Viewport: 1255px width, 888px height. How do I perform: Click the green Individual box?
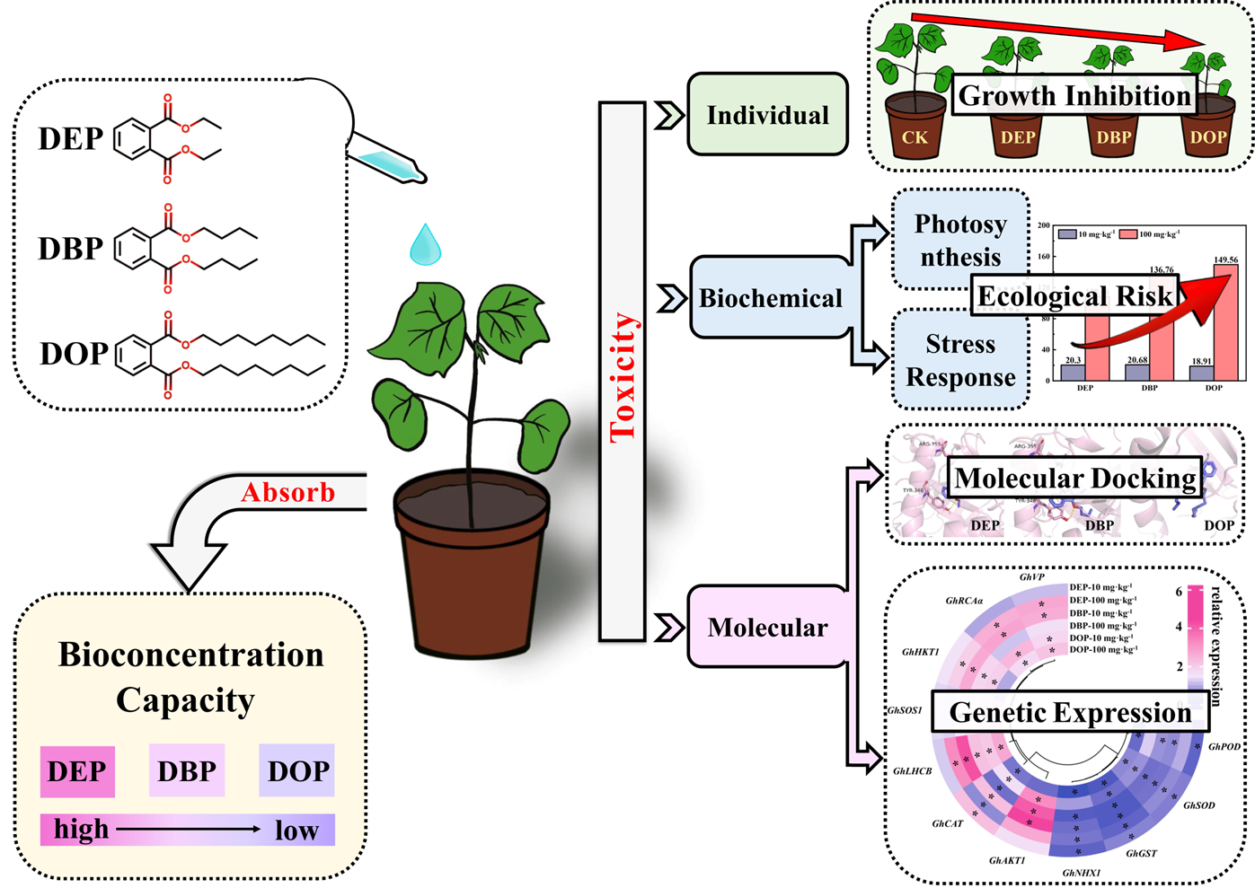pos(767,115)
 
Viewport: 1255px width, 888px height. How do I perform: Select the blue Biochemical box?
pos(770,298)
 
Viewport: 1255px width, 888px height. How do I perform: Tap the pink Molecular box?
pos(767,627)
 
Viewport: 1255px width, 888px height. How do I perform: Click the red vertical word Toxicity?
pos(623,377)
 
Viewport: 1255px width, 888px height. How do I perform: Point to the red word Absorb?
pos(287,492)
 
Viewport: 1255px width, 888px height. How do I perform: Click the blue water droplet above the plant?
pos(425,245)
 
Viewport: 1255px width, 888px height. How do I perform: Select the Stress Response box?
pos(960,360)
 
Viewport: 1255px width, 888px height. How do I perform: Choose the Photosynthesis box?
pos(960,240)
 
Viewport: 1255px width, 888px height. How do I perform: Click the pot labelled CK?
pos(915,132)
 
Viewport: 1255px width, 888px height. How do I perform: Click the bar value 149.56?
pos(1225,260)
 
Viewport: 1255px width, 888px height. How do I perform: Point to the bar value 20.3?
pos(1073,360)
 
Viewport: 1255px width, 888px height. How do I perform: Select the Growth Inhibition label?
pos(1074,95)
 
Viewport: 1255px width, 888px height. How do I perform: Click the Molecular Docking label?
pos(1075,478)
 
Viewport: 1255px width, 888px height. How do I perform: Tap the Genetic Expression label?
pos(1070,712)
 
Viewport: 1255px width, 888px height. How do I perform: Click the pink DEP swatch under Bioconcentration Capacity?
pos(77,771)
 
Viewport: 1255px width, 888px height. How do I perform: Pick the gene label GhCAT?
pos(947,823)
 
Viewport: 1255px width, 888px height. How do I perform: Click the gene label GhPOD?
pos(1224,747)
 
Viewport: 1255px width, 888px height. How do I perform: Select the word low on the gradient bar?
pos(296,831)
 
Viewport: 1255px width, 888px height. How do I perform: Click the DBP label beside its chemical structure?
pos(70,249)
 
